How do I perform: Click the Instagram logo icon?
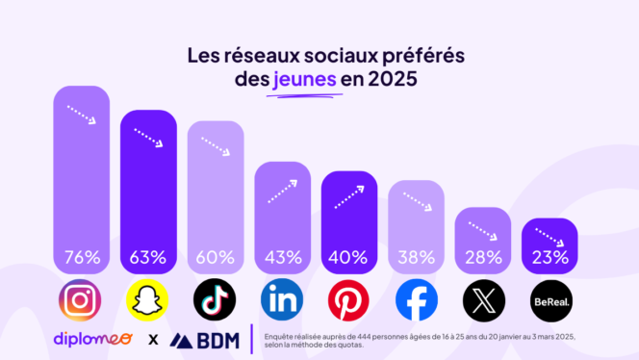point(80,301)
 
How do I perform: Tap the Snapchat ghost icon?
point(147,301)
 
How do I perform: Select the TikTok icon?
point(215,301)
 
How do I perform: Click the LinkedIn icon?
point(282,301)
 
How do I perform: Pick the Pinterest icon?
point(348,301)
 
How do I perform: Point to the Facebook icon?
point(416,301)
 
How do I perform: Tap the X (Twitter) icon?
point(483,301)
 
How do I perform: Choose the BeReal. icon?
point(550,301)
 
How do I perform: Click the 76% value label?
point(81,258)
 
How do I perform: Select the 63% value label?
point(147,258)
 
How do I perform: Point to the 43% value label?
point(282,258)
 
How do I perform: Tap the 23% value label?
point(550,258)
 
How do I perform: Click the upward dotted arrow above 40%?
point(349,196)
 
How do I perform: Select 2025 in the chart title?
point(388,79)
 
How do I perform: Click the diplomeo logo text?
point(94,340)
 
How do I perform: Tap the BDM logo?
point(205,340)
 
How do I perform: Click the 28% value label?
point(483,258)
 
